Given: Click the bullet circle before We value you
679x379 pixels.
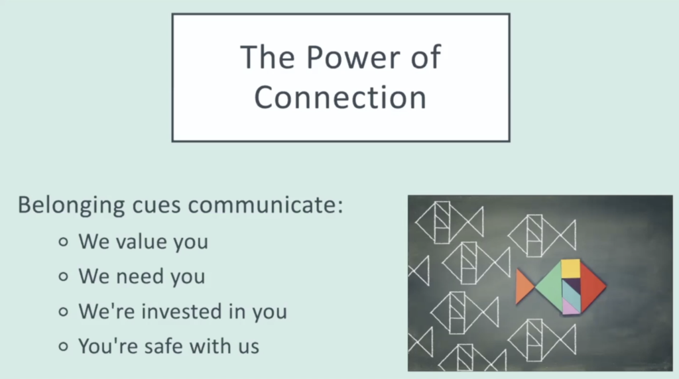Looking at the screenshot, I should point(64,242).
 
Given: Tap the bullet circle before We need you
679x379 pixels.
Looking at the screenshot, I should point(64,276).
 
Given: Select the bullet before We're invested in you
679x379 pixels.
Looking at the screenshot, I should point(64,311).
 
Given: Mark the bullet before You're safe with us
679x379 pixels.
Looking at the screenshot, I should point(64,346).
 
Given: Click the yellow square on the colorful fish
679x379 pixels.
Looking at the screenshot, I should point(570,268).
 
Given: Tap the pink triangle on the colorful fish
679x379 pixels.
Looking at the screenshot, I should point(568,307).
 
